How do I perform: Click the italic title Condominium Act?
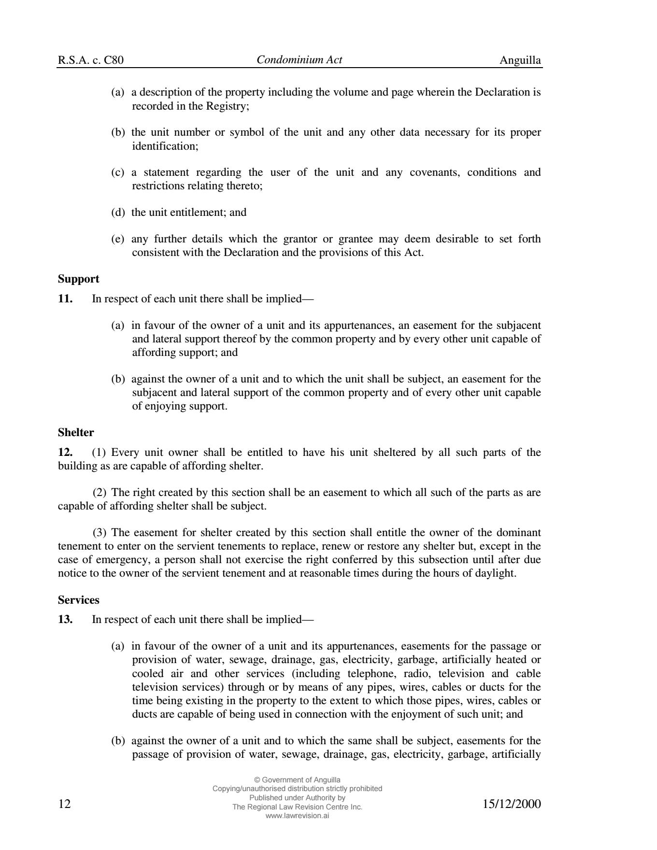tap(299, 60)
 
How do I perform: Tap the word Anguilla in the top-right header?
tap(520, 60)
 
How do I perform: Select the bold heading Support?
tap(78, 279)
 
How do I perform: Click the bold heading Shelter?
tap(76, 433)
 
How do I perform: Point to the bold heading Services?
tap(78, 600)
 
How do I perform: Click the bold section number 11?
tap(65, 299)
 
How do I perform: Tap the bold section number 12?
tap(65, 453)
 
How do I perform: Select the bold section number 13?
tap(65, 620)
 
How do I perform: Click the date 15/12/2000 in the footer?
tap(512, 804)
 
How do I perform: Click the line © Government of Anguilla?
tap(297, 779)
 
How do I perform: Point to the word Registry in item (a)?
tap(227, 106)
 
